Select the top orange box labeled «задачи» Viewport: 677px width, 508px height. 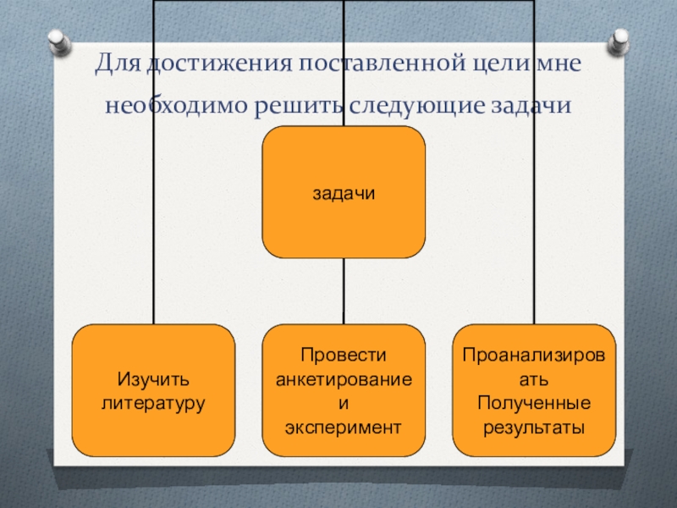click(x=344, y=192)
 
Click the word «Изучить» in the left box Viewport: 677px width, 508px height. click(x=153, y=378)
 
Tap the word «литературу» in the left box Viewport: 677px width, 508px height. click(x=153, y=402)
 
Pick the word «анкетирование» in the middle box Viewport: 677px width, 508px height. click(x=344, y=379)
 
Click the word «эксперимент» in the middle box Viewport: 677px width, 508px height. click(x=344, y=427)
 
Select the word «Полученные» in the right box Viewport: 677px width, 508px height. click(x=534, y=403)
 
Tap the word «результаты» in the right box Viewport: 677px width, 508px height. click(x=534, y=427)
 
